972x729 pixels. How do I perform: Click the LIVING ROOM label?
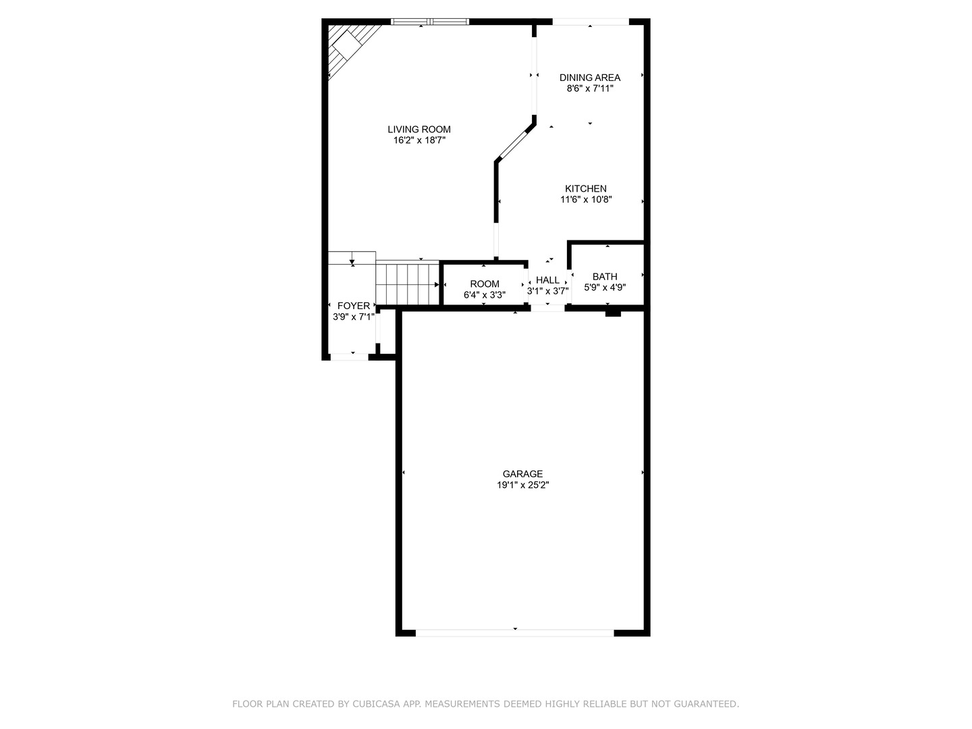click(419, 129)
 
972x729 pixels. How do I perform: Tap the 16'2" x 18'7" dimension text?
click(419, 140)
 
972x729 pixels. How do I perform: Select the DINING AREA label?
click(589, 78)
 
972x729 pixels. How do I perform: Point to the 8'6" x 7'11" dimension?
click(589, 88)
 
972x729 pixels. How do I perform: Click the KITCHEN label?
click(585, 188)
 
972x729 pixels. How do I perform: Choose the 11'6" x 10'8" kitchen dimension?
click(585, 199)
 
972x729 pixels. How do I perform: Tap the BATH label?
click(604, 277)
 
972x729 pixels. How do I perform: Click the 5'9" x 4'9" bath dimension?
click(604, 288)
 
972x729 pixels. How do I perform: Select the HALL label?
click(547, 280)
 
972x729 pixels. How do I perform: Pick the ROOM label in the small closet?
click(485, 283)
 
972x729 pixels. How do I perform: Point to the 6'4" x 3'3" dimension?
click(485, 295)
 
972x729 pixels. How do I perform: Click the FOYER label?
click(354, 306)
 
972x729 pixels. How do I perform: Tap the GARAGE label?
click(522, 474)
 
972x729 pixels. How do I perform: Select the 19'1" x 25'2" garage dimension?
click(522, 485)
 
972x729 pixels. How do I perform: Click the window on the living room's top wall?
click(429, 21)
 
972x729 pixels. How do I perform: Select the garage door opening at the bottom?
click(514, 633)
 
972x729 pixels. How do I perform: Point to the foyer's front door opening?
click(350, 357)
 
